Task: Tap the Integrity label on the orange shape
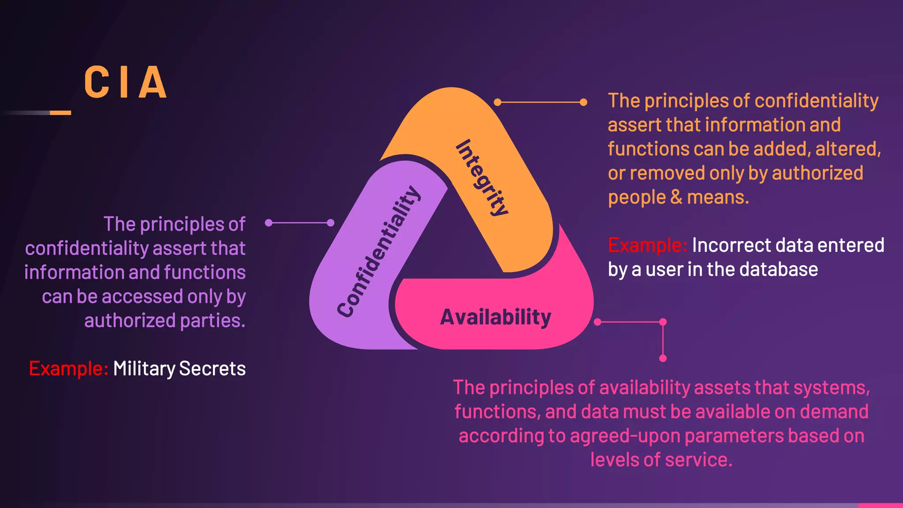(482, 178)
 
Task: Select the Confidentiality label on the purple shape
(379, 251)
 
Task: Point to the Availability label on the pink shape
(496, 317)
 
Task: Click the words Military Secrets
(179, 369)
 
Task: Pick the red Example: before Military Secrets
(68, 369)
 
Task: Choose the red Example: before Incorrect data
(647, 245)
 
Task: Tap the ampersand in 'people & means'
(676, 197)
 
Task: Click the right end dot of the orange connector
(583, 102)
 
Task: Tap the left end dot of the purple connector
(269, 223)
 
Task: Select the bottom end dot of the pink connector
(663, 359)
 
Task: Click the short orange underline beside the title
(60, 113)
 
